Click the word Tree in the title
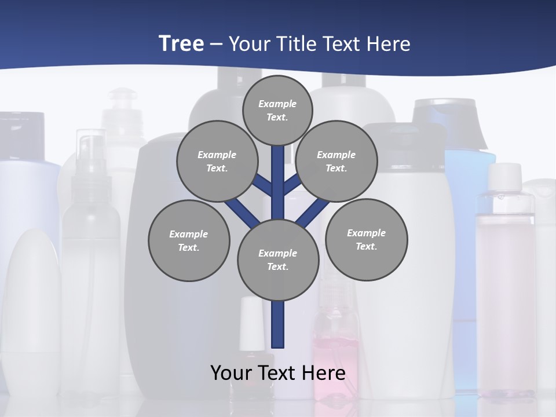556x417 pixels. coord(181,43)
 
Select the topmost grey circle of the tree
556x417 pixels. coord(277,110)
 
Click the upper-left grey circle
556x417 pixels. coord(217,161)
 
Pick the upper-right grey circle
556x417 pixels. coord(336,161)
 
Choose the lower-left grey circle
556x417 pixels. coord(189,240)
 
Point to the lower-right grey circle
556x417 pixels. coord(366,239)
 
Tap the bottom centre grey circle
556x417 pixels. coord(278,259)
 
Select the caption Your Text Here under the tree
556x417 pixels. coord(278,372)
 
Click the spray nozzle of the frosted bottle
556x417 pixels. coord(91,152)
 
